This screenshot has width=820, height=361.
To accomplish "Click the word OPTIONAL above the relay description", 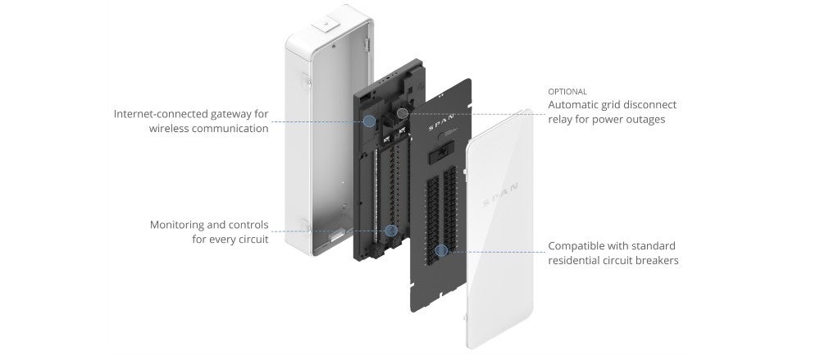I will pos(567,91).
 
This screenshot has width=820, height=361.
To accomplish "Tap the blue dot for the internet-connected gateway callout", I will pos(369,121).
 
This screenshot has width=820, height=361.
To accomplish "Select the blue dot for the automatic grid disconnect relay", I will pos(402,113).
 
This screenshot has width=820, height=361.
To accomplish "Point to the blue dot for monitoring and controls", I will pos(391,231).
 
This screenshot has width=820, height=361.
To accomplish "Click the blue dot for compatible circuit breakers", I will pos(441,249).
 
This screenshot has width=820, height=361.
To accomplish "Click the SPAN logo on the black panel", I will pos(442,129).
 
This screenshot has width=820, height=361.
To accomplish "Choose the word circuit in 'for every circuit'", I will pos(250,240).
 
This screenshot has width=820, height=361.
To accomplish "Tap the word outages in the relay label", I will pos(645,120).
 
